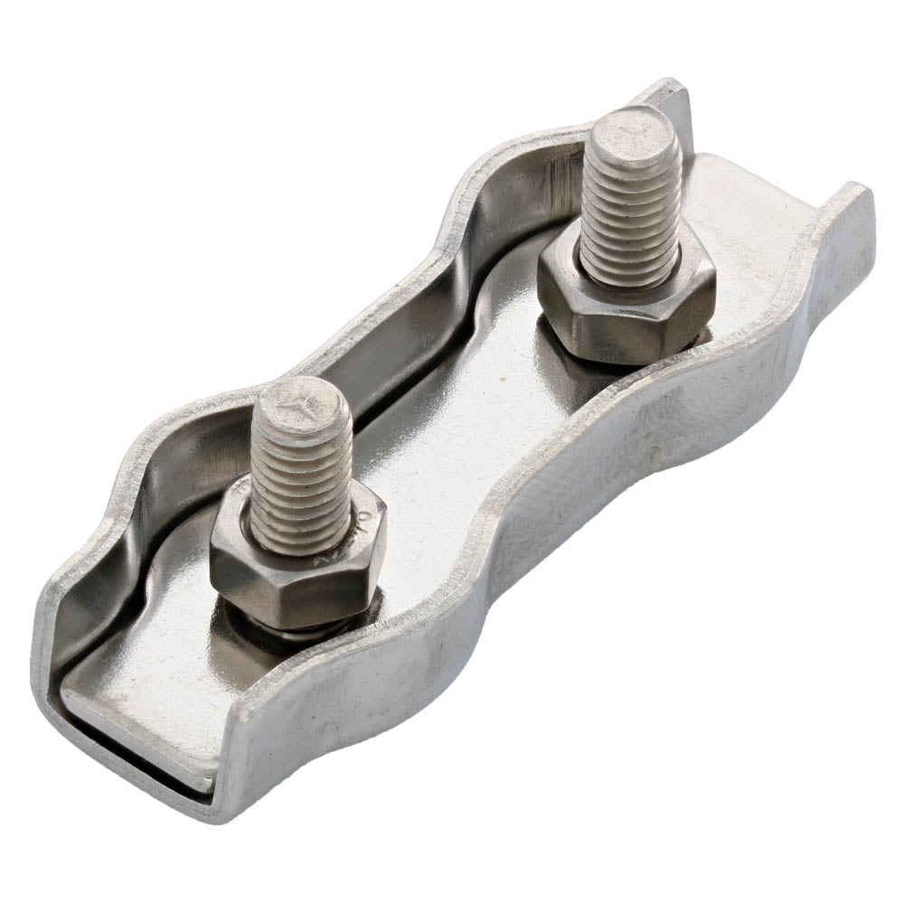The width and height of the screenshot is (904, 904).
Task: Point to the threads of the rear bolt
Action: [630, 217]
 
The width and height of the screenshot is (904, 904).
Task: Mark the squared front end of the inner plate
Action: [136, 723]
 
